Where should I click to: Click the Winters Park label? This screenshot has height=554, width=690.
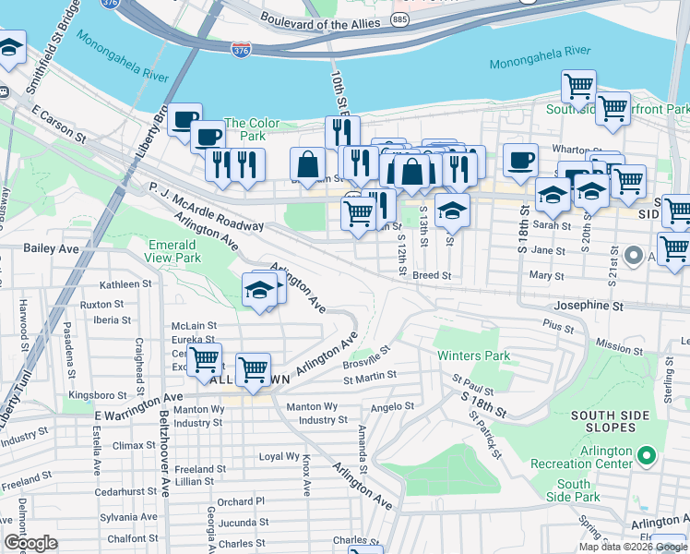pos(473,355)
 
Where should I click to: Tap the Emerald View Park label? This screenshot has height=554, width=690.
pos(174,251)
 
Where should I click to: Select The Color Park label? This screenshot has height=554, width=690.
pos(252,129)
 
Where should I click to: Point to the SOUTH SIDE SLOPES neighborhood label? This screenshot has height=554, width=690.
pos(617,422)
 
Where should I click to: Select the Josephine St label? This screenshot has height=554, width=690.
pos(589,305)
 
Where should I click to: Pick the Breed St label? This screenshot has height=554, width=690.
pos(432,275)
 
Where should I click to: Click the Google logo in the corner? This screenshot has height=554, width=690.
pos(30,543)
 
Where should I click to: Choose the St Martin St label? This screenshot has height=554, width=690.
pos(370,376)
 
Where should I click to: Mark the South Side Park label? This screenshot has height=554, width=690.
pos(574,490)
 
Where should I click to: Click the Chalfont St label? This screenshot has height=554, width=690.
pos(126,538)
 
